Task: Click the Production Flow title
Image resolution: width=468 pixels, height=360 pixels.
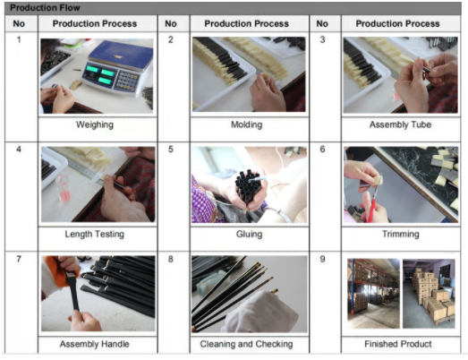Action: (x=45, y=8)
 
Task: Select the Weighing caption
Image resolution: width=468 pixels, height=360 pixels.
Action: (x=95, y=124)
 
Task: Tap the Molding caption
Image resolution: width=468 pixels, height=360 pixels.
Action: (x=247, y=124)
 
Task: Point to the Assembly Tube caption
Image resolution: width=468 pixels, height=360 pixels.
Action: (x=400, y=124)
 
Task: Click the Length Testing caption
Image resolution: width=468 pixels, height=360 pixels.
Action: (x=95, y=235)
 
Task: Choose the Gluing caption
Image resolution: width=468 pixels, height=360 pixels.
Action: (x=250, y=235)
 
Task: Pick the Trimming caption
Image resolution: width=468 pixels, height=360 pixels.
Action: (x=401, y=235)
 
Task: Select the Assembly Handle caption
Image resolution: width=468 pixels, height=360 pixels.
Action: (x=95, y=344)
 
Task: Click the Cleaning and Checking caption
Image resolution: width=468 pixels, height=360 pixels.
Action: (x=246, y=344)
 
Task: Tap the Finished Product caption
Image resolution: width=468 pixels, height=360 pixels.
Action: (x=398, y=344)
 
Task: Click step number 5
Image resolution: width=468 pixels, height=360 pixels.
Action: (x=170, y=149)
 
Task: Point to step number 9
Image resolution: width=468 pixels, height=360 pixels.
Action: (x=322, y=259)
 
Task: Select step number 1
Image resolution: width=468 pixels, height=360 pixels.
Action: (x=19, y=39)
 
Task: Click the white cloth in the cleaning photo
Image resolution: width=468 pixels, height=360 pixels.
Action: (x=260, y=312)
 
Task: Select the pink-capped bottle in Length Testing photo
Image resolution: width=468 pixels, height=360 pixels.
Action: (x=64, y=188)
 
